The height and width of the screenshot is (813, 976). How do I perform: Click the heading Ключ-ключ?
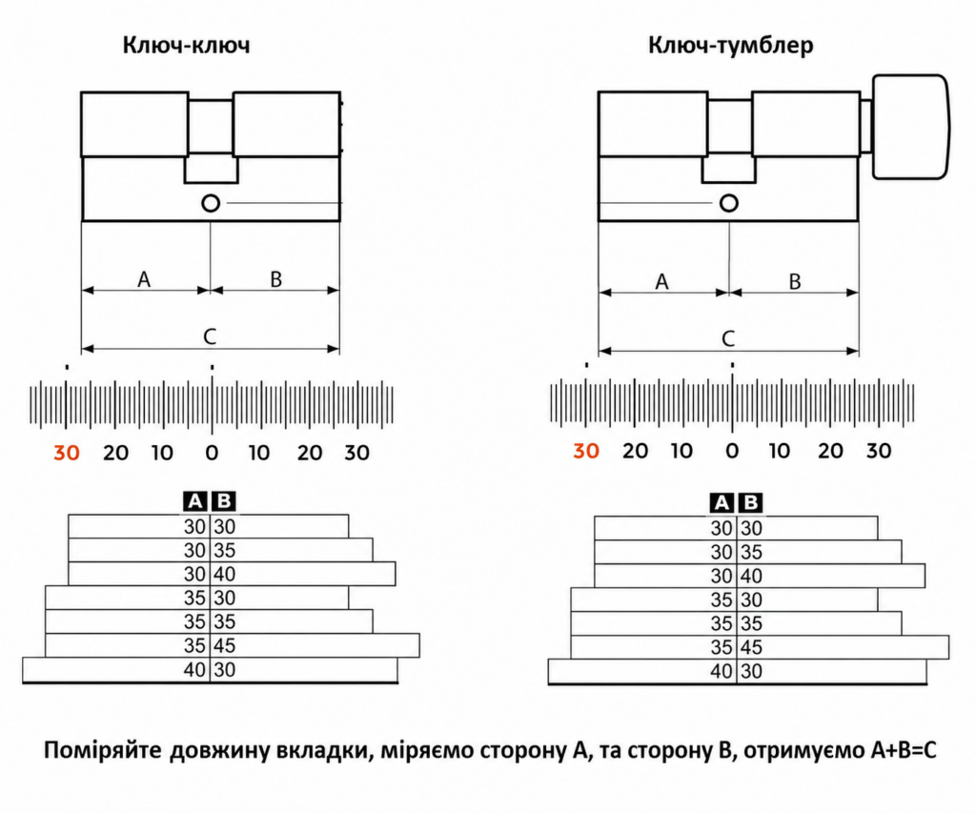coord(186,45)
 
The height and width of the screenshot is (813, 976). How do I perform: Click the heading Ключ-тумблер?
coord(731,46)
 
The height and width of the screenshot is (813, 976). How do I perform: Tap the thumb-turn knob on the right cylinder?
coord(910,127)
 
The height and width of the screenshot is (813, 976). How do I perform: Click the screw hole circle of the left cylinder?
coord(211,203)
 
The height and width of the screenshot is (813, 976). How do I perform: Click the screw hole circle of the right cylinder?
coord(729,203)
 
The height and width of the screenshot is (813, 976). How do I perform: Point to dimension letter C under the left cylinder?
coord(210,336)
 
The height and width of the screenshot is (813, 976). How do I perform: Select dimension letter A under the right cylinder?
coord(661,282)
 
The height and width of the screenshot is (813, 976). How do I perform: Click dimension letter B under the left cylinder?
coord(275,279)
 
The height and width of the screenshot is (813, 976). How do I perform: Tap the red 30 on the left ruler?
coord(67,453)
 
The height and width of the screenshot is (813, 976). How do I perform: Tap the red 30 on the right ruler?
coord(586,451)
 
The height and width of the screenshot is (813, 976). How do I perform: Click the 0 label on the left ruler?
coord(212,453)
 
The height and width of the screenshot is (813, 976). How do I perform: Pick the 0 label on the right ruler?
coord(732,451)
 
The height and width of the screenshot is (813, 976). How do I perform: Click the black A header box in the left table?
coord(194,501)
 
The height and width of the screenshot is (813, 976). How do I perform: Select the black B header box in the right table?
coord(751,503)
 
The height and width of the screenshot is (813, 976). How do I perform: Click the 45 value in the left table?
coord(225,645)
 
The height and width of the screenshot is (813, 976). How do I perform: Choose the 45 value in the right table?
coord(751,647)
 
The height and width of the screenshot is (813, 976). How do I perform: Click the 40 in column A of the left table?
coord(194,670)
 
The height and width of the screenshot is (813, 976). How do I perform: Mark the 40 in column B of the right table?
coord(751,576)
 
